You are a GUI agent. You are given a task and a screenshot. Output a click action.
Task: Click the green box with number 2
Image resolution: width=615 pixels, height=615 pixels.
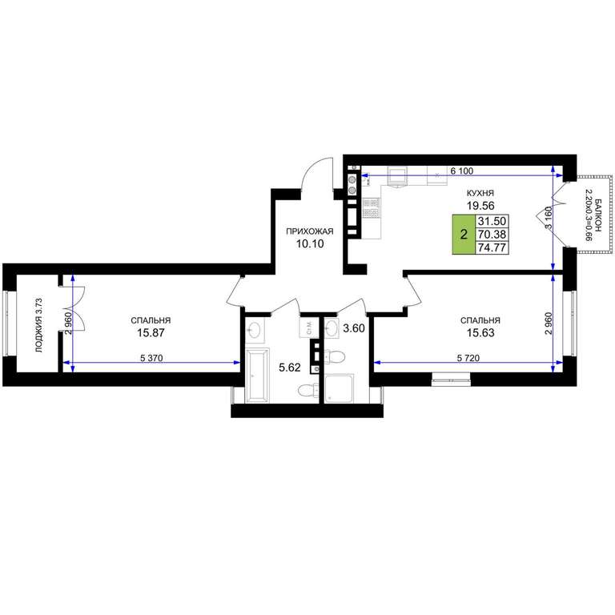tap(464, 234)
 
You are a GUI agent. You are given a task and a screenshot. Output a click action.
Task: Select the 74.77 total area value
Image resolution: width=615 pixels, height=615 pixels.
tap(492, 248)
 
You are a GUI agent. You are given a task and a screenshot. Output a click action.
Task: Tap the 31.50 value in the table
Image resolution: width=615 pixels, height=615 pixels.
tap(492, 220)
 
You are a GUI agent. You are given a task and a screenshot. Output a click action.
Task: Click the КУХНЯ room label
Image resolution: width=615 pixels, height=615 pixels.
tap(480, 193)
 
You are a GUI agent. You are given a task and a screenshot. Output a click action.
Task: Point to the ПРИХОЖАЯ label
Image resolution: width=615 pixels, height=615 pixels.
tap(310, 231)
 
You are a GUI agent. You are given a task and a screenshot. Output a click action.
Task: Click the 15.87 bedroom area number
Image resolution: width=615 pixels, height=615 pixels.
tap(151, 332)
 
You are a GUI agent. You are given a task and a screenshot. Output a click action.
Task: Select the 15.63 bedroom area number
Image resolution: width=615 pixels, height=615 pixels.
tap(480, 332)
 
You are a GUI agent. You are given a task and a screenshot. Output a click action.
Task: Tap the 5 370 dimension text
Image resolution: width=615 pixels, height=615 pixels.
tap(151, 358)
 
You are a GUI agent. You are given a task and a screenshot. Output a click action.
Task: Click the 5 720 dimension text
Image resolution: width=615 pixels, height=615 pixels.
tap(468, 358)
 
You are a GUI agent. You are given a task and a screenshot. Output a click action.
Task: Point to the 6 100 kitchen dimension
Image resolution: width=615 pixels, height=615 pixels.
tap(462, 171)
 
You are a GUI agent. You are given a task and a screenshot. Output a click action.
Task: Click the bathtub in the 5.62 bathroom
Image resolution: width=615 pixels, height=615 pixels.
tap(257, 376)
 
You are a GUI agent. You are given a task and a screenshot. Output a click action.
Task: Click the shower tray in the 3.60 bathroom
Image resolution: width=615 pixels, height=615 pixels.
tap(340, 388)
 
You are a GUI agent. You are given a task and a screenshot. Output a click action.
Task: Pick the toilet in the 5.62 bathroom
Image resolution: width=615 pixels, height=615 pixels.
tap(308, 391)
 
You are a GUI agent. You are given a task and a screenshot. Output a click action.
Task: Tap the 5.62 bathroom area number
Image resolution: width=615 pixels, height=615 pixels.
tap(289, 368)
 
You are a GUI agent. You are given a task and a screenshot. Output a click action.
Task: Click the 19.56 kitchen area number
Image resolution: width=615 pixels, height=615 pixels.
tap(480, 205)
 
